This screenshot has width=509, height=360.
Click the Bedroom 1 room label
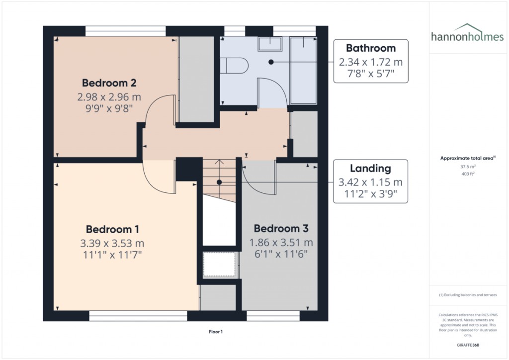click(112, 229)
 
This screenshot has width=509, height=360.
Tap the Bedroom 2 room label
click(109, 83)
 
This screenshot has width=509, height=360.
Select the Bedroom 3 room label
click(281, 229)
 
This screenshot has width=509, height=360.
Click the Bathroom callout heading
click(371, 48)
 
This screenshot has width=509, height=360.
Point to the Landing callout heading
click(370, 169)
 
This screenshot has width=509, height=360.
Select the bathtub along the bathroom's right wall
click(303, 70)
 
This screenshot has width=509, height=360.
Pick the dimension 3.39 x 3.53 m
click(112, 243)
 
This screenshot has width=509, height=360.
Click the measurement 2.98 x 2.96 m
click(109, 96)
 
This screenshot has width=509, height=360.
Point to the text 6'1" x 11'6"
click(281, 254)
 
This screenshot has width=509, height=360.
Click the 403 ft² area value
click(467, 174)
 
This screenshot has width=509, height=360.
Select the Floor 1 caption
click(215, 331)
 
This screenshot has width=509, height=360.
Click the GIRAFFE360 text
click(467, 345)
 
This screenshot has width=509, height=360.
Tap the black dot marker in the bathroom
click(271, 62)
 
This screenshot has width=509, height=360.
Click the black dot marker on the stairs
click(219, 182)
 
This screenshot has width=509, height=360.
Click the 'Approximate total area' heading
click(467, 158)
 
